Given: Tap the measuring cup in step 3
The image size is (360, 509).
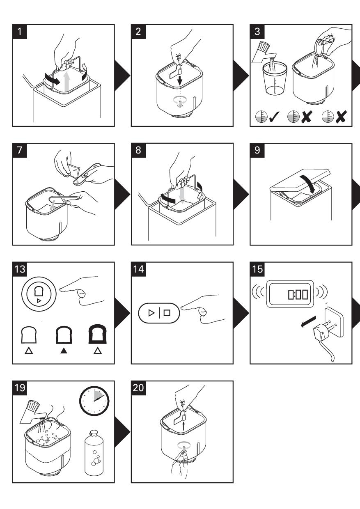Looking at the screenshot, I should (x=273, y=82).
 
